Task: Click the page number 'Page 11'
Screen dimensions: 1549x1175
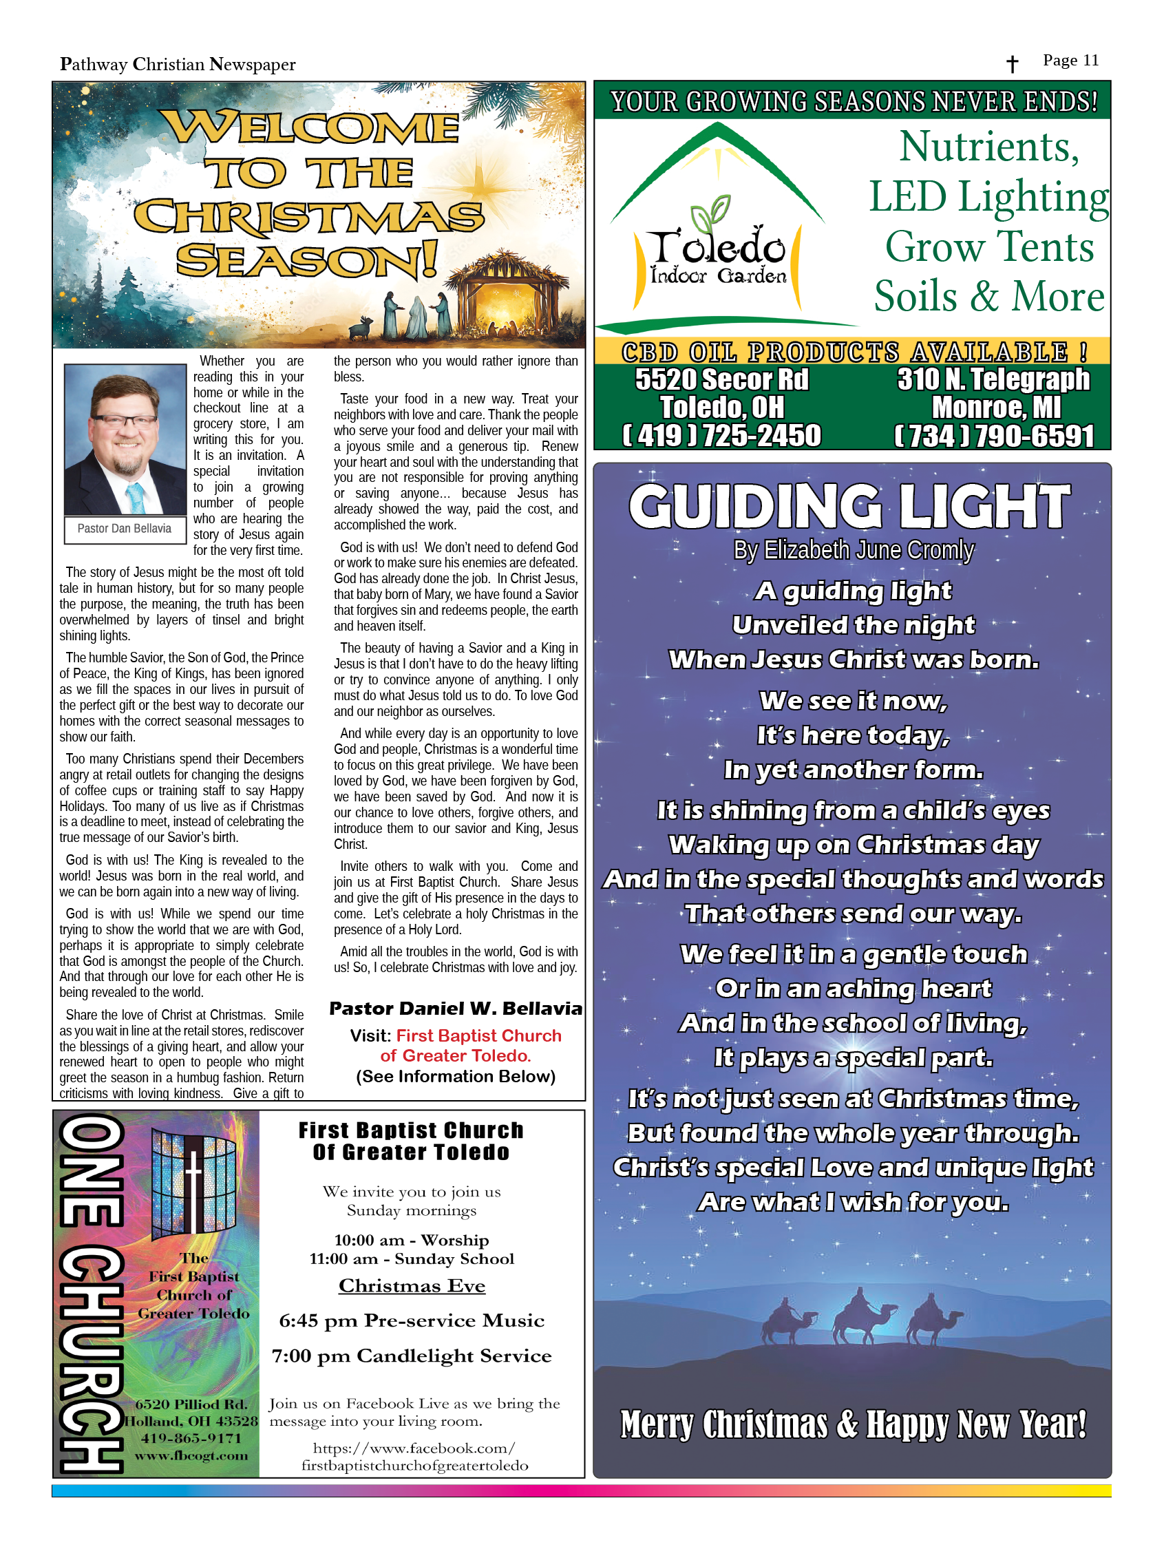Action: pyautogui.click(x=1070, y=60)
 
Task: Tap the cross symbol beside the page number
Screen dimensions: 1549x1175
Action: pyautogui.click(x=1012, y=65)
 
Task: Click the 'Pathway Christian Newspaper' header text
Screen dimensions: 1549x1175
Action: pyautogui.click(x=178, y=65)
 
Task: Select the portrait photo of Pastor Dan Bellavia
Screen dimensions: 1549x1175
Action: pyautogui.click(x=125, y=440)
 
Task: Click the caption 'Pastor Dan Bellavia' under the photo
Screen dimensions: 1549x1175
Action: pyautogui.click(x=124, y=529)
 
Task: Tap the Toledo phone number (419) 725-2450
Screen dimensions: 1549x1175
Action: pyautogui.click(x=721, y=436)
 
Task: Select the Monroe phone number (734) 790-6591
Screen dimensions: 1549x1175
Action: pyautogui.click(x=995, y=436)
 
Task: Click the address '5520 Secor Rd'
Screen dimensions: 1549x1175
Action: pyautogui.click(x=721, y=379)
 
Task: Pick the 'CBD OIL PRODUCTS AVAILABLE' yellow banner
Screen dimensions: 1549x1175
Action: pyautogui.click(x=852, y=352)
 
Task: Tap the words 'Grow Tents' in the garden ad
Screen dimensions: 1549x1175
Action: pyautogui.click(x=988, y=246)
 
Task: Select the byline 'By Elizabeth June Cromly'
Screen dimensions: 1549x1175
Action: pyautogui.click(x=853, y=551)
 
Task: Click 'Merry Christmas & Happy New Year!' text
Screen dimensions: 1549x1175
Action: pyautogui.click(x=853, y=1424)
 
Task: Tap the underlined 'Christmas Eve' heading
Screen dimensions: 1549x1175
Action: pyautogui.click(x=412, y=1286)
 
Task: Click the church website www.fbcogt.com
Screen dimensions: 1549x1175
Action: pyautogui.click(x=191, y=1455)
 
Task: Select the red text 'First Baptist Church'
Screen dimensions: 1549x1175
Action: pyautogui.click(x=478, y=1035)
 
